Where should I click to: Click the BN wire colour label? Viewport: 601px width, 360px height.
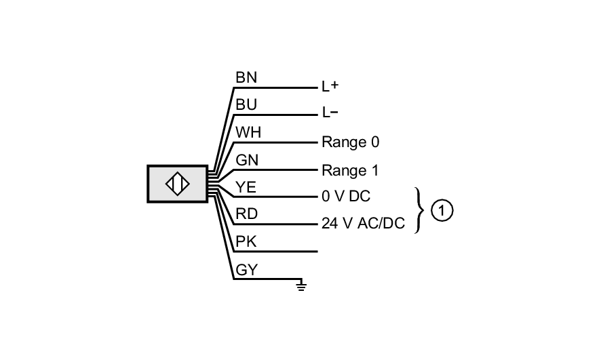[246, 77]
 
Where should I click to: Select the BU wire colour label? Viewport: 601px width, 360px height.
[246, 105]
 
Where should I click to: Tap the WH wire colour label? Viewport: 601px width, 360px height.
[248, 132]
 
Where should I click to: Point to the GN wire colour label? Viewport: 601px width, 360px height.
[246, 160]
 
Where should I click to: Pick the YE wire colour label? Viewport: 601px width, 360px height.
[246, 187]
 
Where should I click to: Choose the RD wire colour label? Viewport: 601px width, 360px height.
[246, 215]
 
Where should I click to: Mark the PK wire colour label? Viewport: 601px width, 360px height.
[246, 242]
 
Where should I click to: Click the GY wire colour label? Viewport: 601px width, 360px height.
[246, 270]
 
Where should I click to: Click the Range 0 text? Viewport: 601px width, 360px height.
[350, 142]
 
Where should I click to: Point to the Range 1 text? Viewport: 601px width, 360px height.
[350, 170]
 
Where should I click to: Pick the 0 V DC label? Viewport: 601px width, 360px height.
[346, 197]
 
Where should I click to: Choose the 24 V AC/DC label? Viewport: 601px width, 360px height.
[363, 224]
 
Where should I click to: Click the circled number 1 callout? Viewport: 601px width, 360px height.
[442, 211]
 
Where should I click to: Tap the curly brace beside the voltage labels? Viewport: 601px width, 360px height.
[420, 211]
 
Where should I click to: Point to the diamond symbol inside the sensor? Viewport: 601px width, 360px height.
[178, 184]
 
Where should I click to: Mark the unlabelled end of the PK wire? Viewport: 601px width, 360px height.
[317, 252]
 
